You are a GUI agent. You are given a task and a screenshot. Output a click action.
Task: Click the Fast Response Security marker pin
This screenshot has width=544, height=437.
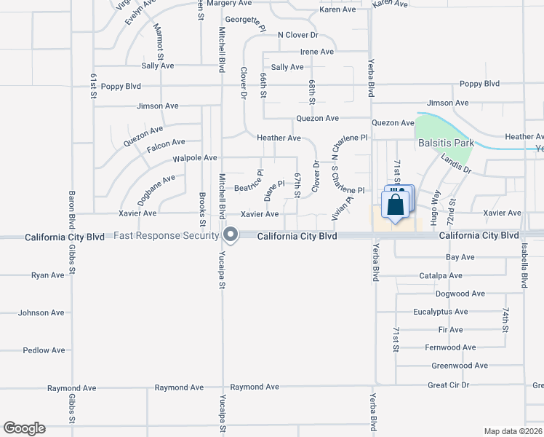(231, 235)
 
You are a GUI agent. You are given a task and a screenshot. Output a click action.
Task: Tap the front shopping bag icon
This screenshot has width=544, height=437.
(394, 205)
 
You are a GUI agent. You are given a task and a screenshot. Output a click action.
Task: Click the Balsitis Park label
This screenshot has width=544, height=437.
(446, 143)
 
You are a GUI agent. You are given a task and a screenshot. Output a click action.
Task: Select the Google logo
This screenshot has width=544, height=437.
(24, 428)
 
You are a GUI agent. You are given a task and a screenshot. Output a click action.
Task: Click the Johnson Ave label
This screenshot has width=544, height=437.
(41, 313)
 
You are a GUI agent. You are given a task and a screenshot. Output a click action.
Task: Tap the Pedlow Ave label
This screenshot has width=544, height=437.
(44, 350)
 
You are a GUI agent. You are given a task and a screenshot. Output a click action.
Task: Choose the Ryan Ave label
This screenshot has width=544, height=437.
(48, 275)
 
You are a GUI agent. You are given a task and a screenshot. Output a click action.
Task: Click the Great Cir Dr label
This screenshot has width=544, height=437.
(449, 385)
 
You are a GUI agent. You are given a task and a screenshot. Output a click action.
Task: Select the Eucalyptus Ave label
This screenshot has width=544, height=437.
(440, 312)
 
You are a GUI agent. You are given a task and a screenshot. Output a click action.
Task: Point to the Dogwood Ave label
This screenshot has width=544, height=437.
(460, 294)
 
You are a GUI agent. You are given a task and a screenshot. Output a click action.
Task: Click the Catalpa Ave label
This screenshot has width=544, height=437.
(441, 276)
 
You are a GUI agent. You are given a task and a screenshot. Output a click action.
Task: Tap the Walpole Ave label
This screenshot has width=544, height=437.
(195, 157)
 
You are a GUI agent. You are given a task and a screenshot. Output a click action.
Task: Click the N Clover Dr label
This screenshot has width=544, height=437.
(298, 35)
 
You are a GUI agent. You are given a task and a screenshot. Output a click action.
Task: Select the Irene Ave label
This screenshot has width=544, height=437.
(317, 52)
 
